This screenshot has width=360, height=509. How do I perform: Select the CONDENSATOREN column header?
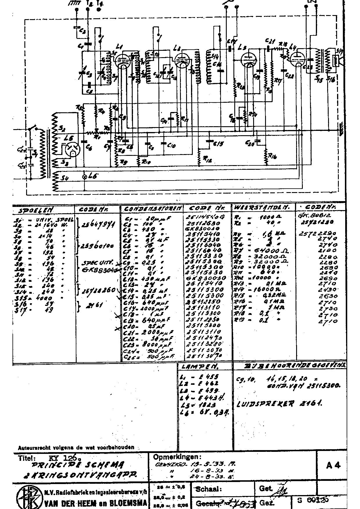[153, 208]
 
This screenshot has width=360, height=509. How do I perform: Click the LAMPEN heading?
[200, 367]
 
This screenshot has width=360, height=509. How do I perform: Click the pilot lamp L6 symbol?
[85, 176]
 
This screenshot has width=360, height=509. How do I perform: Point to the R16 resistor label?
[272, 157]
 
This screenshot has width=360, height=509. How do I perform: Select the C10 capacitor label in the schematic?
[171, 145]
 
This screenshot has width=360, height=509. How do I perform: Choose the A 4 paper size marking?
[333, 465]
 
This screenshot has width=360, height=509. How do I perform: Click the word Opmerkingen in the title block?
[177, 457]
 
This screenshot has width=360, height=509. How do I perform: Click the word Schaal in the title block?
[209, 489]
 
